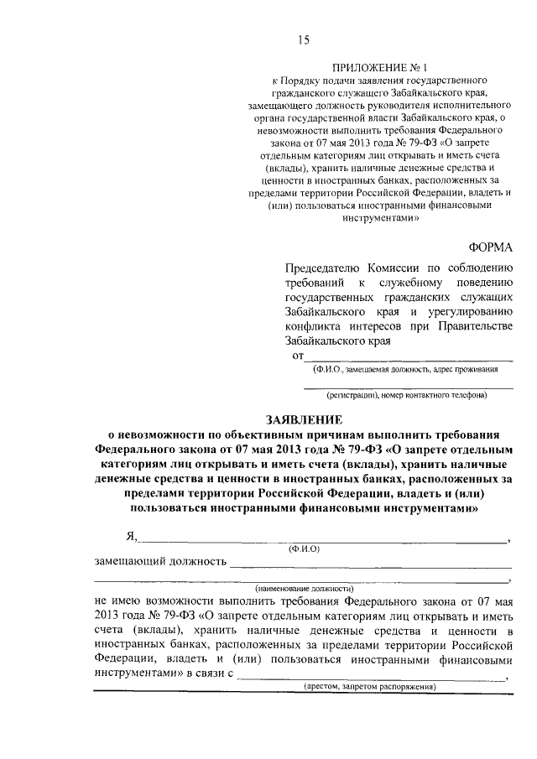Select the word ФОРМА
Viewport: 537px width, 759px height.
click(x=488, y=247)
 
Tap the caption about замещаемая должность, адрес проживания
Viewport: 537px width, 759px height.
click(x=409, y=368)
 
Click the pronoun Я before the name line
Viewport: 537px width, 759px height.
click(x=131, y=537)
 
